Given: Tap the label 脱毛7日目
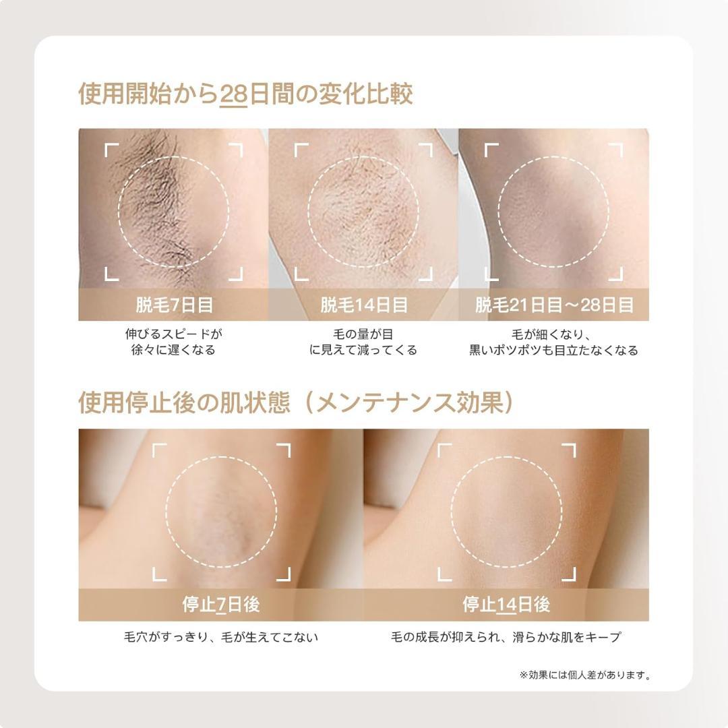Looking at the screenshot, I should pyautogui.click(x=174, y=305).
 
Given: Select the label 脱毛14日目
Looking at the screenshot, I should pyautogui.click(x=364, y=305).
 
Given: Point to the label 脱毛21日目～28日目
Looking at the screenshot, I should pyautogui.click(x=554, y=305).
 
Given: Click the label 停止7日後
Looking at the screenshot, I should pyautogui.click(x=221, y=604).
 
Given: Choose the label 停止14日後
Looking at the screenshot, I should pyautogui.click(x=506, y=604).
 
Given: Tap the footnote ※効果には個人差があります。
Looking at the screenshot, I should pyautogui.click(x=584, y=674).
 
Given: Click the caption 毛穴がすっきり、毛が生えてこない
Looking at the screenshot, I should pyautogui.click(x=221, y=637).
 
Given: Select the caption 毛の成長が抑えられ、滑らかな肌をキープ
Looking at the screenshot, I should pyautogui.click(x=506, y=637).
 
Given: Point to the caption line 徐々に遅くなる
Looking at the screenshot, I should pyautogui.click(x=174, y=351).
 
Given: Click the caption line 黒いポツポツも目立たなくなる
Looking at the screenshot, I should pyautogui.click(x=554, y=351).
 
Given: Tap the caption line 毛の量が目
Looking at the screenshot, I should pyautogui.click(x=364, y=334).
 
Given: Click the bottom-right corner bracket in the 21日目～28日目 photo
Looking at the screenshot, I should pyautogui.click(x=616, y=274).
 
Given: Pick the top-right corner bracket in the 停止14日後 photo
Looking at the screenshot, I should pyautogui.click(x=570, y=450).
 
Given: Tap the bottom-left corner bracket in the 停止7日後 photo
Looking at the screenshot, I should pyautogui.click(x=158, y=574).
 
